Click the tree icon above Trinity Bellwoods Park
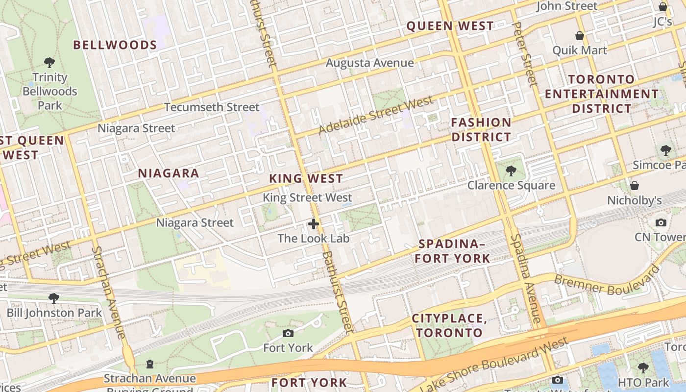49,63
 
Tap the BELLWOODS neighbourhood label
115,45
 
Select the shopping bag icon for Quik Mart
580,36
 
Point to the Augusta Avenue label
369,63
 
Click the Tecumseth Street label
212,107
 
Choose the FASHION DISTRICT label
481,129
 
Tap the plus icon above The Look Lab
314,224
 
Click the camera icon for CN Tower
661,222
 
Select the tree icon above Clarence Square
511,171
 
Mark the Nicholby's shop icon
635,186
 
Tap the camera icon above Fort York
288,334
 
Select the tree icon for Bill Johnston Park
54,298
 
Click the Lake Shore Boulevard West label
495,364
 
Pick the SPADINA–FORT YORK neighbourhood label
454,251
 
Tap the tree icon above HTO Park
643,367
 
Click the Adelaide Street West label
376,115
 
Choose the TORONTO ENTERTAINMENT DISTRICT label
602,94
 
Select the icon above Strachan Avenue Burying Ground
150,364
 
